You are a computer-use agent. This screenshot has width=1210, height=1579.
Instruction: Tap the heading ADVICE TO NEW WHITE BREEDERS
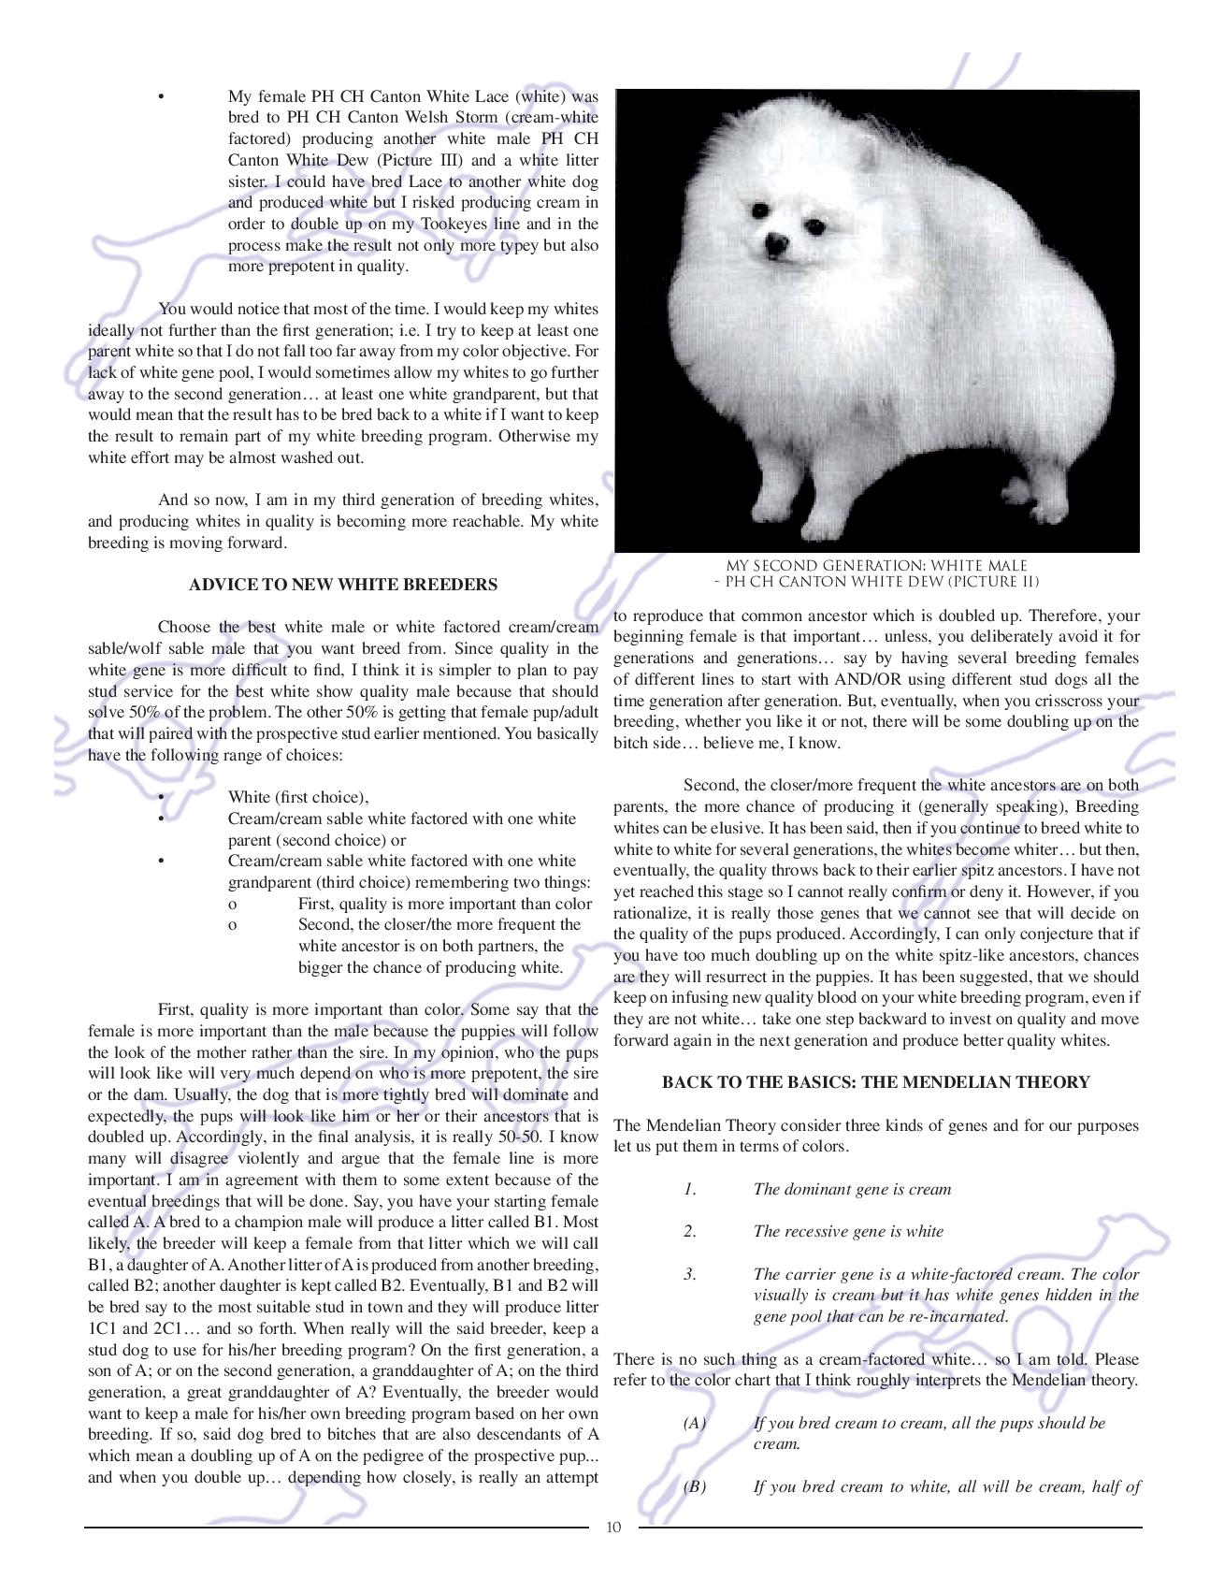click(x=343, y=585)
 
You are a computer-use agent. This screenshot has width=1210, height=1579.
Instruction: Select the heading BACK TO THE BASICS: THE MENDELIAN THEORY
click(x=875, y=1082)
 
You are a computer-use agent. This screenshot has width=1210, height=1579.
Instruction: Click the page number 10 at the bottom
click(x=613, y=1528)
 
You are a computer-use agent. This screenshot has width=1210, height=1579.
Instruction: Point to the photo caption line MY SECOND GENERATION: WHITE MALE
click(x=876, y=566)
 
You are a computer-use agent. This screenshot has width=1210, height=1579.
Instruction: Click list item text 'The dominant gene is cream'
click(x=852, y=1190)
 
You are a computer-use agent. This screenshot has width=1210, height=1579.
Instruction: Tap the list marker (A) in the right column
click(x=694, y=1423)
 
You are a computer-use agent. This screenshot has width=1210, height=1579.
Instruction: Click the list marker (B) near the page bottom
click(x=694, y=1486)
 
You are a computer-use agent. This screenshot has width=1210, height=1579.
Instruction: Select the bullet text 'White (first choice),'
click(x=298, y=797)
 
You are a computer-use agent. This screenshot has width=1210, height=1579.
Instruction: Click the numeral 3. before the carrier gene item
click(x=689, y=1274)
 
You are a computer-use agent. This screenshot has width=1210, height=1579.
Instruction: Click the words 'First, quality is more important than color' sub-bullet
click(x=445, y=904)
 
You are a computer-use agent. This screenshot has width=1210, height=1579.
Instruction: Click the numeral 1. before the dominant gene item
click(x=689, y=1190)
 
